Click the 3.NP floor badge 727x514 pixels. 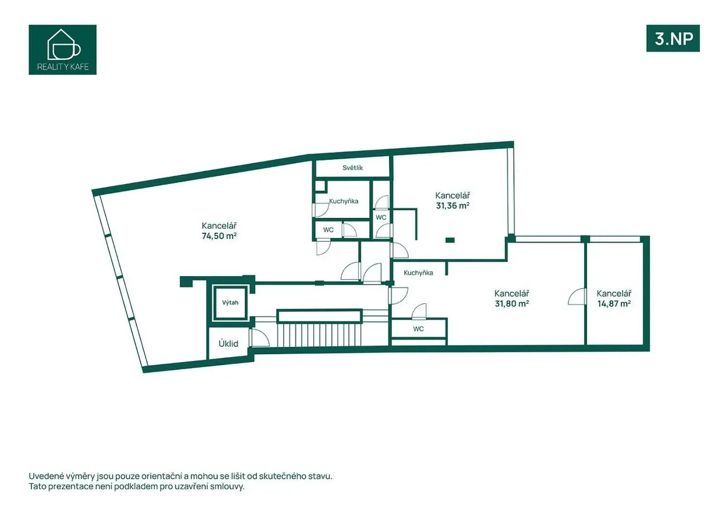click(673, 38)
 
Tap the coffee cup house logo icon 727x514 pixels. click(64, 45)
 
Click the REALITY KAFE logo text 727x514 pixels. click(63, 67)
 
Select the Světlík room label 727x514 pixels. click(353, 168)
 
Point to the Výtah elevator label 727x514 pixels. click(230, 303)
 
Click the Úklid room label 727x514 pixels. click(228, 343)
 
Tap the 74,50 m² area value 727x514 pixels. click(219, 236)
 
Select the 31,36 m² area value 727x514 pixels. click(453, 206)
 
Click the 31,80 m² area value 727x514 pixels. click(512, 303)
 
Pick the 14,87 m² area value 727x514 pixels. click(614, 303)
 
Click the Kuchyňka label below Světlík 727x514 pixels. click(344, 201)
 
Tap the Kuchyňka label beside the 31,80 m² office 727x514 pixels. click(419, 272)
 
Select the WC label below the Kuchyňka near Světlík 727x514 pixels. click(328, 230)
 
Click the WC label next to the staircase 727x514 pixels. click(419, 329)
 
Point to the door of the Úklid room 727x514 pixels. click(260, 338)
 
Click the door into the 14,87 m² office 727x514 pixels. click(577, 297)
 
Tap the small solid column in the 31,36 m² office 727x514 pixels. click(450, 240)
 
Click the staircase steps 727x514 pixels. click(319, 335)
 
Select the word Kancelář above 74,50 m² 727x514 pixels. click(219, 225)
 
